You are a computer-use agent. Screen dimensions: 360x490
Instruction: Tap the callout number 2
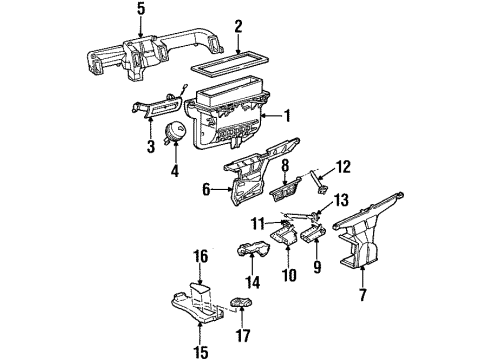[238, 26]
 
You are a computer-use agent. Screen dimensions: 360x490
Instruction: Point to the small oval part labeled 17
[240, 304]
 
